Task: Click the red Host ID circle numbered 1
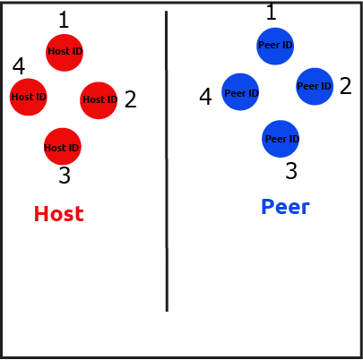[65, 53]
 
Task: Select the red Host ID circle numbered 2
[99, 100]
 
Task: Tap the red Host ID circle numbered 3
[63, 146]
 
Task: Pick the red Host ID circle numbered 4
[29, 97]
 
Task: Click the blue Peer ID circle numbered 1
[275, 47]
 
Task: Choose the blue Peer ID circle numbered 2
[315, 87]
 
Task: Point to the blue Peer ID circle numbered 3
[281, 139]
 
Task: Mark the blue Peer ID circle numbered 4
[240, 91]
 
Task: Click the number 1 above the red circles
[64, 20]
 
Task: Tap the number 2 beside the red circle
[131, 99]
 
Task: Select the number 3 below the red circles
[65, 175]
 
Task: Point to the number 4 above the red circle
[19, 66]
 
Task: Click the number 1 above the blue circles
[271, 12]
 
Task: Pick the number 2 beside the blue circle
[346, 86]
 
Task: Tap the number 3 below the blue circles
[291, 171]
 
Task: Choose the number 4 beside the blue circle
[205, 97]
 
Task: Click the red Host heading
[59, 214]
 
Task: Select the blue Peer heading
[285, 207]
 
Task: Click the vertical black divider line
[167, 161]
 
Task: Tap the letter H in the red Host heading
[41, 214]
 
